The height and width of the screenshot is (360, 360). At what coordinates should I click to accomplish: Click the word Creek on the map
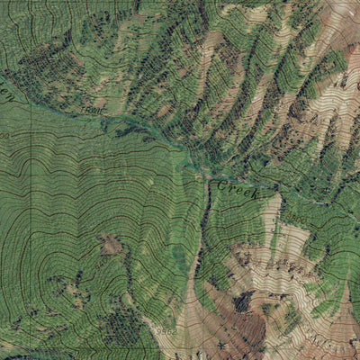click(237, 188)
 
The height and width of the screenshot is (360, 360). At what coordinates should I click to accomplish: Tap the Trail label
click(92, 110)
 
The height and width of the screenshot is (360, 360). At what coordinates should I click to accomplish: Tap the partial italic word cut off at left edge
click(4, 90)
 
